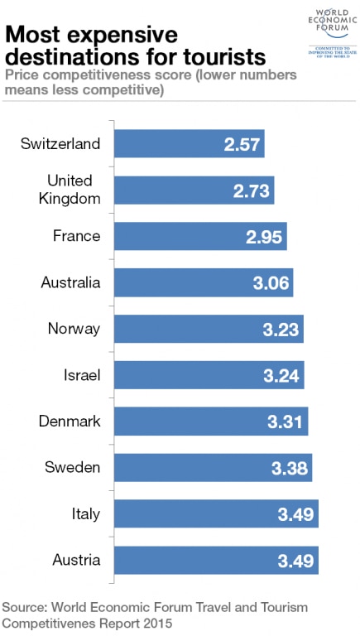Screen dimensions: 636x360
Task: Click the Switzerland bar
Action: (x=188, y=144)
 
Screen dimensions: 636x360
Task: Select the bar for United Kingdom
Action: (x=193, y=190)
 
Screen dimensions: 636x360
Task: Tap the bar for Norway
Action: (x=208, y=329)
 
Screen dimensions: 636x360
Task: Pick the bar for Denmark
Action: (x=210, y=422)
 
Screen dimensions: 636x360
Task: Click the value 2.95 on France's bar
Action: (x=264, y=237)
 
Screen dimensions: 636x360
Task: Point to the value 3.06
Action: (x=271, y=283)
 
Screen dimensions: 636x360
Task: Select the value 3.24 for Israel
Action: (x=281, y=375)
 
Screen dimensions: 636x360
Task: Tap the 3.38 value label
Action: (x=290, y=469)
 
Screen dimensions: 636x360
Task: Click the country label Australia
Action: (x=70, y=282)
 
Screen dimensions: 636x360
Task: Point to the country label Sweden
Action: (x=73, y=468)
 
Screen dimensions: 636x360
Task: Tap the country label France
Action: (x=76, y=236)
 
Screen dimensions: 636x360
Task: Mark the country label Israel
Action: (x=81, y=375)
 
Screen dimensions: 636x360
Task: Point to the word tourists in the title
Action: (x=223, y=57)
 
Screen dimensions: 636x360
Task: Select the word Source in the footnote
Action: (x=26, y=607)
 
